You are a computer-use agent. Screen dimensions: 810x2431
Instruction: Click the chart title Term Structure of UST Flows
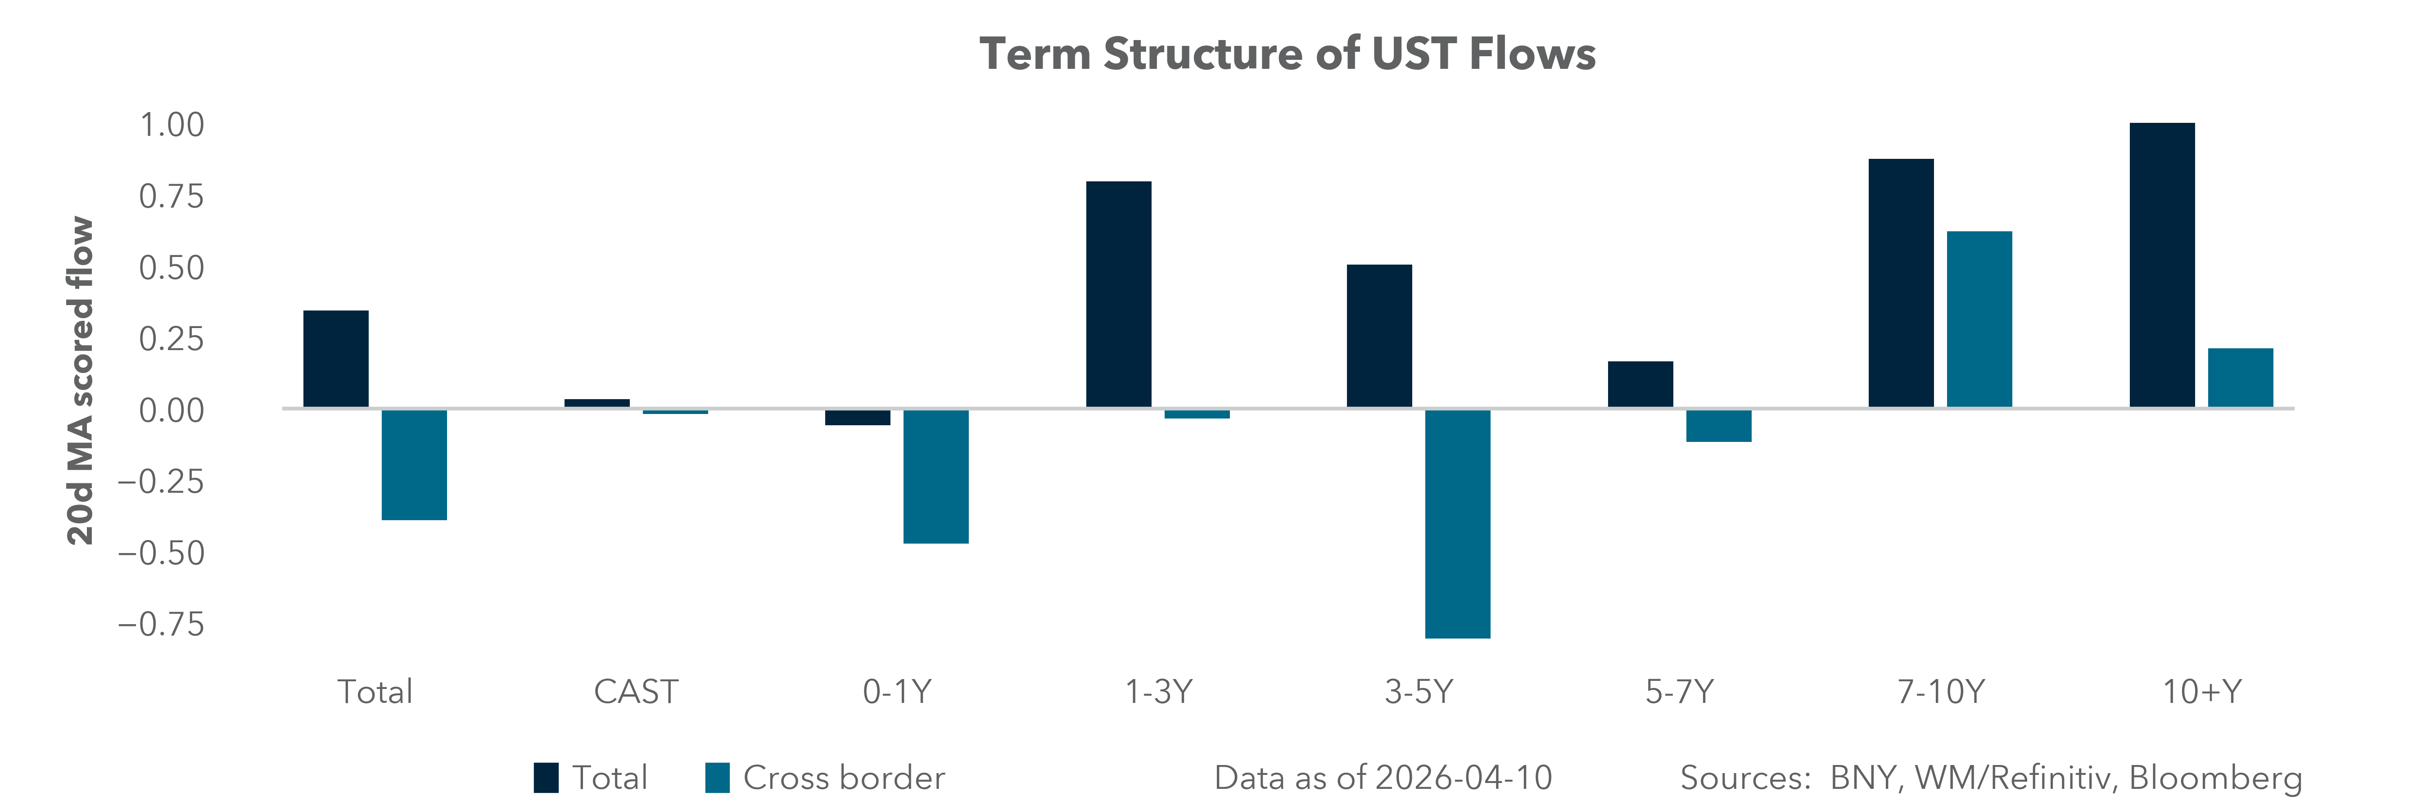click(x=1287, y=54)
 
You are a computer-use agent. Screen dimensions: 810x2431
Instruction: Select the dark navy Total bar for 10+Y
click(x=2162, y=265)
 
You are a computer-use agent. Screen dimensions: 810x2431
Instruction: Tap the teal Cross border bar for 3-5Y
click(x=1457, y=523)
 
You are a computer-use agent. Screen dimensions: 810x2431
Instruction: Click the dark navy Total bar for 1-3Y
click(x=1118, y=294)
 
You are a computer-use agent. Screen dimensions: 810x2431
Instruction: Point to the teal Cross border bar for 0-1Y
click(x=935, y=476)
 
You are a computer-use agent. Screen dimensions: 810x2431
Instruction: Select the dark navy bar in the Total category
click(x=336, y=359)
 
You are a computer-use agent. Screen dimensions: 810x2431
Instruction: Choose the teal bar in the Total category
click(x=414, y=464)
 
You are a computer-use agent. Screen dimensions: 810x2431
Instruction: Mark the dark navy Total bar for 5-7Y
click(x=1640, y=385)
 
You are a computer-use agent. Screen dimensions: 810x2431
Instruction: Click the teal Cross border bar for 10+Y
click(x=2241, y=378)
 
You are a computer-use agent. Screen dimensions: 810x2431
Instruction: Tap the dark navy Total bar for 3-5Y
click(x=1379, y=337)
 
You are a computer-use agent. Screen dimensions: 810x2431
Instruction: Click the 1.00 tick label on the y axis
click(x=172, y=126)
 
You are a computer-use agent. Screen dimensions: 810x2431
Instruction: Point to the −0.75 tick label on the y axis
click(x=160, y=624)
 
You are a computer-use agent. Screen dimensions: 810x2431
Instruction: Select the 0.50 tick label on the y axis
click(x=172, y=269)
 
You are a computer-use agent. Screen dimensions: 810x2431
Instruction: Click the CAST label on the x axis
click(x=635, y=692)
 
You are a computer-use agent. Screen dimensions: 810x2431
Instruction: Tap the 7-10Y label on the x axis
click(x=1940, y=692)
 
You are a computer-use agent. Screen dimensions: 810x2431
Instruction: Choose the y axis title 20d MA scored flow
click(x=81, y=381)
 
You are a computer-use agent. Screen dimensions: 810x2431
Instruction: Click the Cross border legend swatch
click(x=717, y=778)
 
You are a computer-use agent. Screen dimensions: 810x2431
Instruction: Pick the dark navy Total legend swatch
click(x=546, y=778)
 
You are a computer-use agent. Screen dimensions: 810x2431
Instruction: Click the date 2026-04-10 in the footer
click(x=1463, y=778)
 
